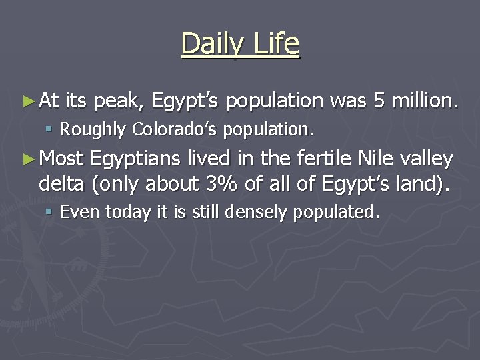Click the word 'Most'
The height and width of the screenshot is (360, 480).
click(x=61, y=159)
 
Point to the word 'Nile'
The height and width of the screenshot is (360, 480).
click(x=373, y=159)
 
